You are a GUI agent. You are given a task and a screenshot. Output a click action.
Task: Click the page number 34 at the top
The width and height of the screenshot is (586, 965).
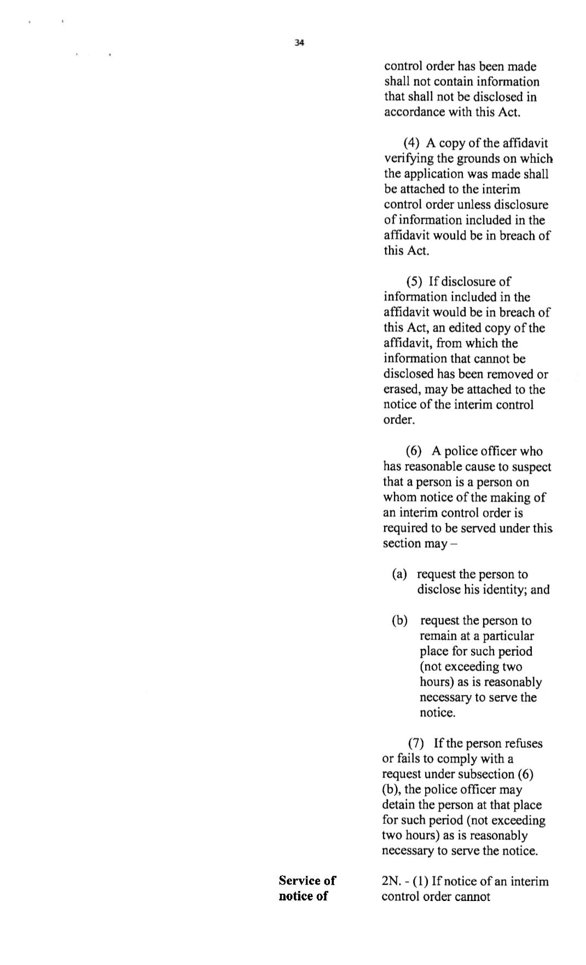(x=299, y=43)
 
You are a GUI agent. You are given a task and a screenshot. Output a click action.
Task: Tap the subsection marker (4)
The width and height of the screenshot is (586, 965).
(x=411, y=143)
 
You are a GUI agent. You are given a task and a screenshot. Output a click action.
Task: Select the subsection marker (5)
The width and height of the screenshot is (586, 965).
(x=414, y=282)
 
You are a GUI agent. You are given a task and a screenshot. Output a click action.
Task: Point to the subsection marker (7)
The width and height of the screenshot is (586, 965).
(x=416, y=743)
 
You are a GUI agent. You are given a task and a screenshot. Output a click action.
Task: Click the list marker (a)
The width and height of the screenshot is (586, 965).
(x=400, y=574)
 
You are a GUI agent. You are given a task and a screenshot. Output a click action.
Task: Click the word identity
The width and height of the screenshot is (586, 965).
(x=503, y=590)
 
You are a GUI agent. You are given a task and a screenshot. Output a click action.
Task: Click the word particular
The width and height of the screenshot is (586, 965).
(x=508, y=636)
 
